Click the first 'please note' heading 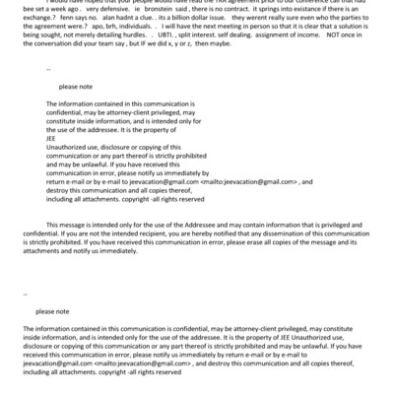pyautogui.click(x=74, y=87)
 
